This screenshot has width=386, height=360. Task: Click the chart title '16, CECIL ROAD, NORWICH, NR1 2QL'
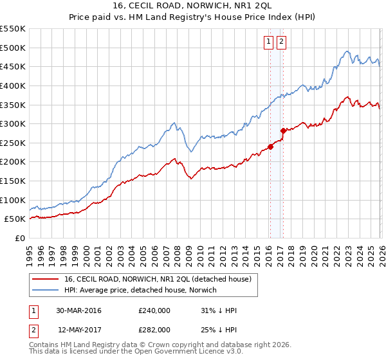(193, 7)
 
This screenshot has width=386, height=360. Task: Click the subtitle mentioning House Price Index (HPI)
(193, 19)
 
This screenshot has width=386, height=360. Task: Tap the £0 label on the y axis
(19, 238)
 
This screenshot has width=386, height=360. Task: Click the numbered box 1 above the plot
(268, 42)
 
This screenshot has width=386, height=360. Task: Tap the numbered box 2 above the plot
(282, 42)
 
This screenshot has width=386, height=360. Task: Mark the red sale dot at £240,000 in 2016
(271, 147)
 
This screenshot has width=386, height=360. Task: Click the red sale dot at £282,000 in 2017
(284, 130)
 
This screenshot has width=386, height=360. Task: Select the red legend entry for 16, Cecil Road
(161, 279)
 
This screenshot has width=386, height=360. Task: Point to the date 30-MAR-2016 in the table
(78, 310)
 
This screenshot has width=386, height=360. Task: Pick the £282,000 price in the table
(154, 329)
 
